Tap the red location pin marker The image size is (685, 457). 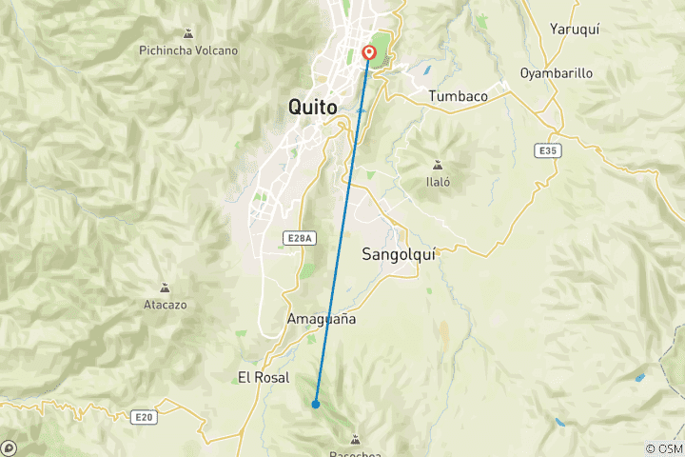point(368,53)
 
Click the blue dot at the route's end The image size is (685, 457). point(316,405)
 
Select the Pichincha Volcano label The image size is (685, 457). point(188,50)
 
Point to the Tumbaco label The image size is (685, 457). point(459,96)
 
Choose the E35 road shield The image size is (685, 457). point(545,149)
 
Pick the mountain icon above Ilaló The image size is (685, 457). point(438,163)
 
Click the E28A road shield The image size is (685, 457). point(299,238)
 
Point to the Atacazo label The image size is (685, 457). point(165,305)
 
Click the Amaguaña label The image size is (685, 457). point(322,319)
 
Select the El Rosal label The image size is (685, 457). point(264,378)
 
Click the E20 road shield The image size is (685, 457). point(144,416)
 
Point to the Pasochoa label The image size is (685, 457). point(356,453)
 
